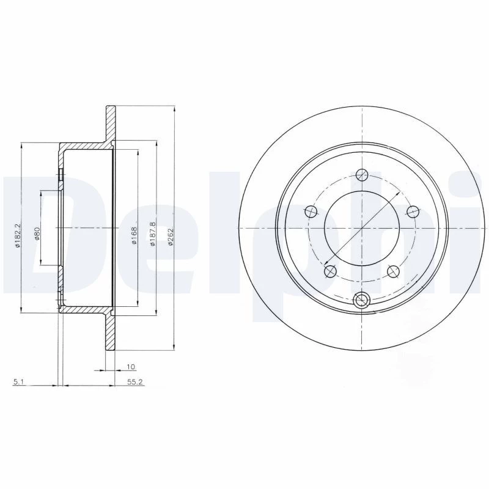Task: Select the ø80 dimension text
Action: (37, 233)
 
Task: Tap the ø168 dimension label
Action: (134, 235)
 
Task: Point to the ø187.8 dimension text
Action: (152, 234)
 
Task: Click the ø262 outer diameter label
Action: (171, 236)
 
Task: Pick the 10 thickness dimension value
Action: (131, 367)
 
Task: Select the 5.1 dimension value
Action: (17, 381)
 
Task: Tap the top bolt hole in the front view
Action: (362, 175)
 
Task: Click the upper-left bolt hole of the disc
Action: (311, 212)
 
